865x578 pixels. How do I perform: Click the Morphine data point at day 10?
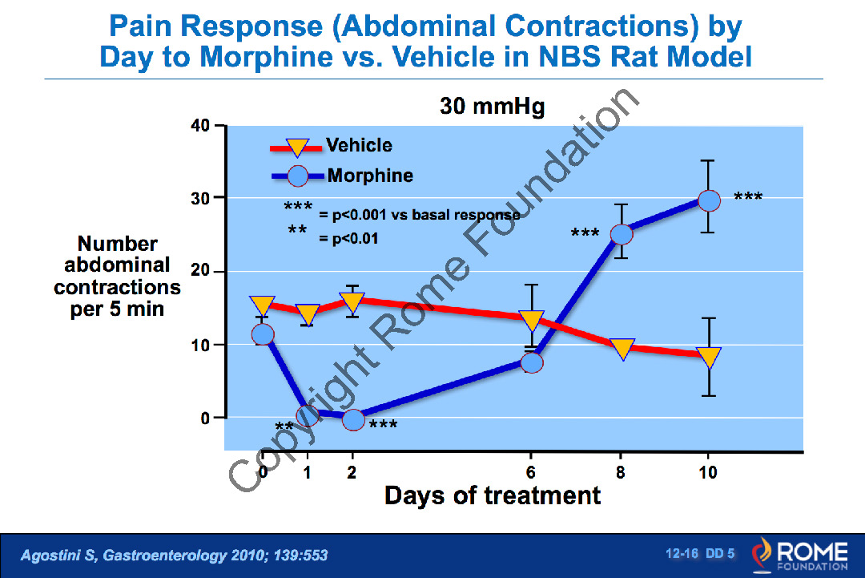click(x=709, y=200)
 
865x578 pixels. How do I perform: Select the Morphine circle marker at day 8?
click(x=622, y=234)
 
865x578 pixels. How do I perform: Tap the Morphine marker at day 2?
click(x=352, y=419)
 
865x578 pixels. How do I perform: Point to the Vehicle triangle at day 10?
click(x=709, y=357)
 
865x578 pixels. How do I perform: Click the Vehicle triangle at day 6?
click(x=532, y=320)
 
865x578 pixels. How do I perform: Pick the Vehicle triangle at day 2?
click(x=352, y=302)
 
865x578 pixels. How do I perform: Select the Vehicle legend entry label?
click(x=359, y=145)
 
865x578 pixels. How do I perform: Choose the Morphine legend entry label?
click(x=370, y=176)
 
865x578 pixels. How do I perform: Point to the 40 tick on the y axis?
click(x=199, y=126)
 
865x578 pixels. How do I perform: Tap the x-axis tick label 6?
click(x=532, y=472)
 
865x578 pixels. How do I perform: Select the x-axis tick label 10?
click(x=709, y=472)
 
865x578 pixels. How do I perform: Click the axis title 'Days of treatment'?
click(x=493, y=495)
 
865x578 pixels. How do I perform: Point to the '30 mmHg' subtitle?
click(x=493, y=107)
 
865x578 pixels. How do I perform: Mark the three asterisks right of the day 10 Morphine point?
click(x=748, y=196)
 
